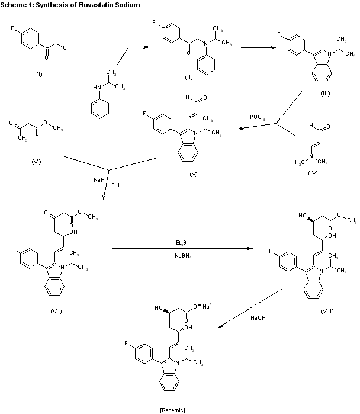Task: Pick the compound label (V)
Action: click(x=193, y=174)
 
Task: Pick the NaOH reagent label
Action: click(x=259, y=318)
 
